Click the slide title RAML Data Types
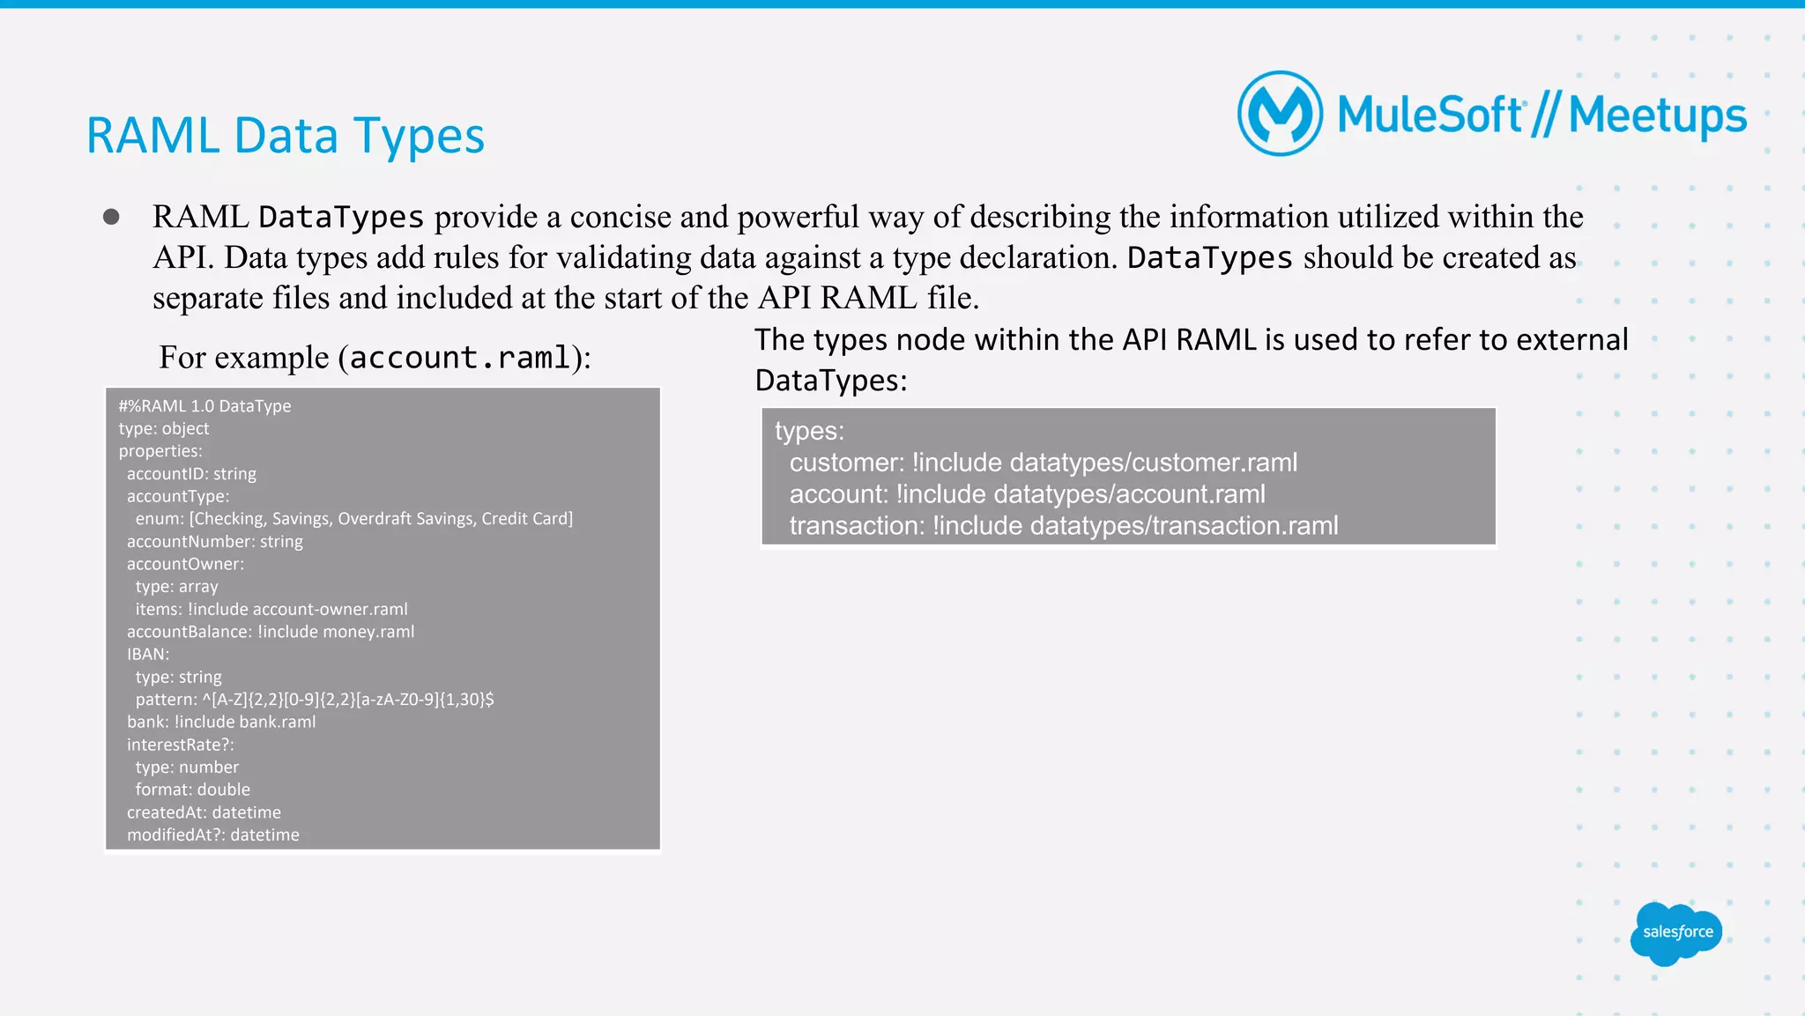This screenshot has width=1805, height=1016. tap(285, 136)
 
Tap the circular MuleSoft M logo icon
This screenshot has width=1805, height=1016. tap(1280, 114)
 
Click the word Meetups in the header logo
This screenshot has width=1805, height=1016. tap(1657, 115)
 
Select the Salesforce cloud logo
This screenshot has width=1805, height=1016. tap(1676, 933)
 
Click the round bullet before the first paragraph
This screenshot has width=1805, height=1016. tap(111, 217)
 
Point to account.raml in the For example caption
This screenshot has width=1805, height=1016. tap(460, 358)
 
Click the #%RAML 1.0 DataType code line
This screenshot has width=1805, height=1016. tap(204, 406)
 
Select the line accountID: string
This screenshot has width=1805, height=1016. tap(191, 474)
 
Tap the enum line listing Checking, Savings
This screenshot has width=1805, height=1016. tap(353, 519)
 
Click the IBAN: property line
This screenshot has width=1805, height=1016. tap(147, 654)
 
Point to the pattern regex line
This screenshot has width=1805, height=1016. tap(314, 700)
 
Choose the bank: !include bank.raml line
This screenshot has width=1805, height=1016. tap(220, 722)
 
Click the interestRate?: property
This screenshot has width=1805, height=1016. tap(180, 745)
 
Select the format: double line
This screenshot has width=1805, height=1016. tap(192, 790)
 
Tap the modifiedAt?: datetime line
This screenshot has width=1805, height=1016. tap(212, 834)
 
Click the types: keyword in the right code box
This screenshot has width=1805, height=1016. tap(809, 431)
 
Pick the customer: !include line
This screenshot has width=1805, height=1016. tap(1043, 463)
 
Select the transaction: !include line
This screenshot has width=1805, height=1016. tap(1063, 526)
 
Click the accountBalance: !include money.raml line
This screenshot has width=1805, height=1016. tap(270, 632)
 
